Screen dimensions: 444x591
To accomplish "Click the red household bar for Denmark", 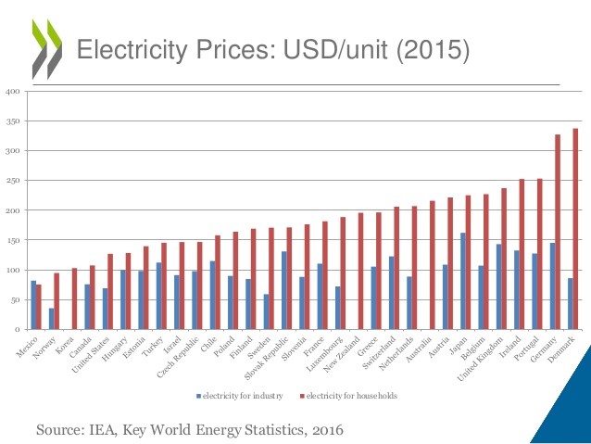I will (576, 229).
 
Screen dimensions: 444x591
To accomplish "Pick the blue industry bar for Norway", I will (51, 318).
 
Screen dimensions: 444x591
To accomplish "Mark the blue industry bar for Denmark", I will (571, 303).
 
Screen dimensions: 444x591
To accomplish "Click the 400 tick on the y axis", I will (13, 91).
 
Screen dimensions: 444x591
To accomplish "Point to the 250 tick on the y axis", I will (13, 180).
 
